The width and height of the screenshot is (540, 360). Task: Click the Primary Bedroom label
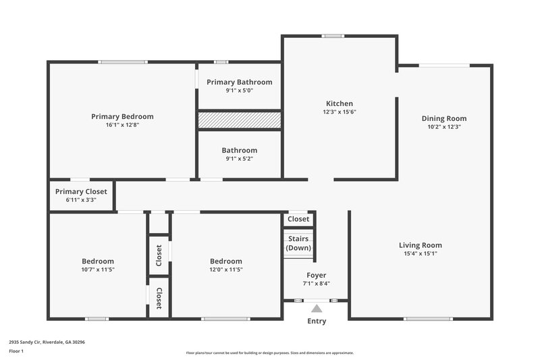(122, 116)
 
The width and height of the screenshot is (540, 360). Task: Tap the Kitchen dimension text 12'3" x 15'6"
(339, 112)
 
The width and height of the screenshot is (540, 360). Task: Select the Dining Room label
(444, 118)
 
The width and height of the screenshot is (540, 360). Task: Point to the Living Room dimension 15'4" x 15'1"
(420, 254)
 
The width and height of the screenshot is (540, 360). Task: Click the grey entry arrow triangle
(316, 309)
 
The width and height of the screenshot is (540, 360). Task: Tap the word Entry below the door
(317, 322)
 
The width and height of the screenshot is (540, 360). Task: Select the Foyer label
(316, 275)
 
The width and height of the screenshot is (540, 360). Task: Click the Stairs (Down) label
(298, 243)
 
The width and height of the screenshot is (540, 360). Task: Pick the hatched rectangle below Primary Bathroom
(239, 120)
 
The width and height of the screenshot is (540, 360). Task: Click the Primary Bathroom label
(239, 82)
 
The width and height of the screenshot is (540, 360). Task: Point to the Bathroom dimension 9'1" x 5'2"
(239, 159)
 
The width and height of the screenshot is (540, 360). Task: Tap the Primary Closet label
(81, 191)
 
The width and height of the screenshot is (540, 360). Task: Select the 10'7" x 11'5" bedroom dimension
(98, 269)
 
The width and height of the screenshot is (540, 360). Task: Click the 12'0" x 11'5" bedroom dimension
(225, 269)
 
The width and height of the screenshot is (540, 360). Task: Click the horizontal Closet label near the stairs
(298, 219)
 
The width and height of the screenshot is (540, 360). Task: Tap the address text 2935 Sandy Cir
(47, 342)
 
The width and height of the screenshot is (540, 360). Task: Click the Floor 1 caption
(16, 351)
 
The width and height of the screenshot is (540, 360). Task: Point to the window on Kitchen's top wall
(332, 36)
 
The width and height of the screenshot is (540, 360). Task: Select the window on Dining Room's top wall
(443, 66)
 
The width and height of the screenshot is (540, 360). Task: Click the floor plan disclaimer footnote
(270, 353)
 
